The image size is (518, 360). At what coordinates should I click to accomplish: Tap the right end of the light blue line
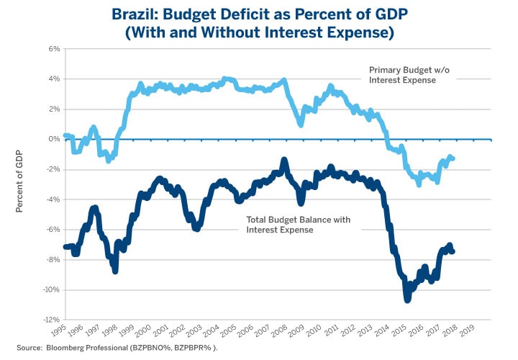point(453,158)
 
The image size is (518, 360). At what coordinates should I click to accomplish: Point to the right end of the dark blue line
point(453,251)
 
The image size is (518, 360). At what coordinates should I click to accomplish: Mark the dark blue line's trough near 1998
point(115,270)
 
